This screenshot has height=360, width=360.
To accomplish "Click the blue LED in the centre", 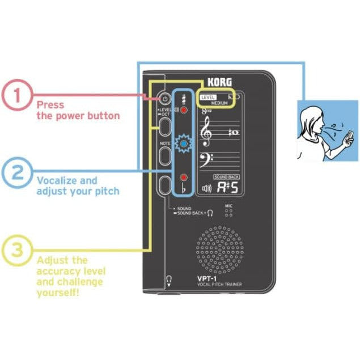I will [x=184, y=145].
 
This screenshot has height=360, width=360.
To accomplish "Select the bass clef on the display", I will [x=206, y=159].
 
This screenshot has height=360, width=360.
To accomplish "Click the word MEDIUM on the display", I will [x=219, y=104].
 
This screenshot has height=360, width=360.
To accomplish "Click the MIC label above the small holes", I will [x=229, y=205].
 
